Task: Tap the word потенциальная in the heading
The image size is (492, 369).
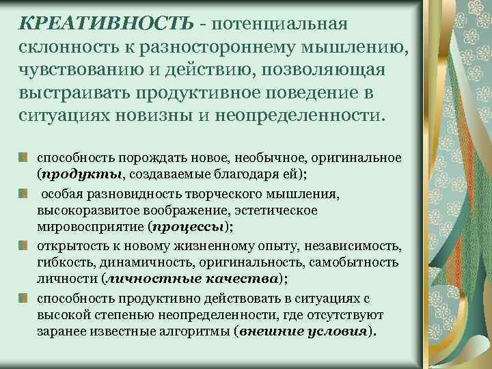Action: pyautogui.click(x=281, y=24)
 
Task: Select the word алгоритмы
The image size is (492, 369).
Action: pyautogui.click(x=189, y=331)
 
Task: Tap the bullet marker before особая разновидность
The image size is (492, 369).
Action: pyautogui.click(x=23, y=193)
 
